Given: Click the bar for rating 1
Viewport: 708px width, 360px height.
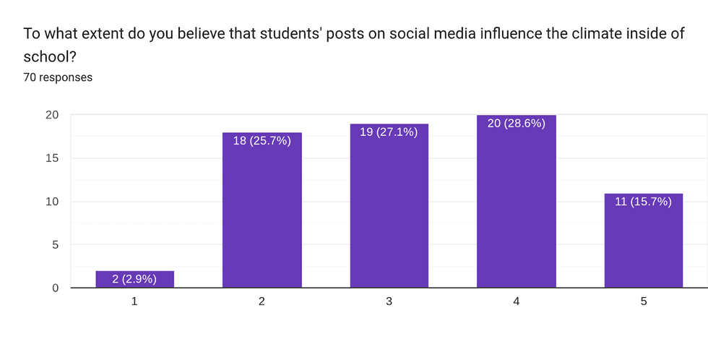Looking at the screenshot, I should click(x=135, y=280).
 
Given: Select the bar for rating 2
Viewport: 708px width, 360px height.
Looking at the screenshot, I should click(x=262, y=217).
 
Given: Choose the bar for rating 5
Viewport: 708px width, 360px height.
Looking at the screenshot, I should click(x=644, y=246).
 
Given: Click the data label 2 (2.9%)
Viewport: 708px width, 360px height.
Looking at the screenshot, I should click(x=135, y=278).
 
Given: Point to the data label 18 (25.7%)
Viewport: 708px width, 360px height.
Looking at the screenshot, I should click(x=262, y=141).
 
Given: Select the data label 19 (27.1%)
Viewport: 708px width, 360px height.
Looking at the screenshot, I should click(x=389, y=132).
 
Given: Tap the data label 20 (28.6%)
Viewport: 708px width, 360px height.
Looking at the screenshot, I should click(x=517, y=124).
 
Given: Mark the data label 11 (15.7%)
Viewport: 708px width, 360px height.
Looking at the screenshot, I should click(x=644, y=202).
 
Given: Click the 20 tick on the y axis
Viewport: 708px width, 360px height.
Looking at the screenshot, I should click(x=52, y=115).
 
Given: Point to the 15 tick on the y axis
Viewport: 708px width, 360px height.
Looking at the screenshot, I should click(x=52, y=158).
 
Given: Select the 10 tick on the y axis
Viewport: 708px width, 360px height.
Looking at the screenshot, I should click(x=52, y=202).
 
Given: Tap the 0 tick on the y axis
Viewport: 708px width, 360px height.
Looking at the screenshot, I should click(x=56, y=288).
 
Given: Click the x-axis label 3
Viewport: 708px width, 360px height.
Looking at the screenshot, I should click(x=389, y=301).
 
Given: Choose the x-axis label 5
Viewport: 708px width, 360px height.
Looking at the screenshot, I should click(x=644, y=301).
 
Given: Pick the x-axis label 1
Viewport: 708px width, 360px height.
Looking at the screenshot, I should click(x=135, y=301).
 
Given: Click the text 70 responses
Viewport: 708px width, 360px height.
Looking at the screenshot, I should click(x=58, y=77).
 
